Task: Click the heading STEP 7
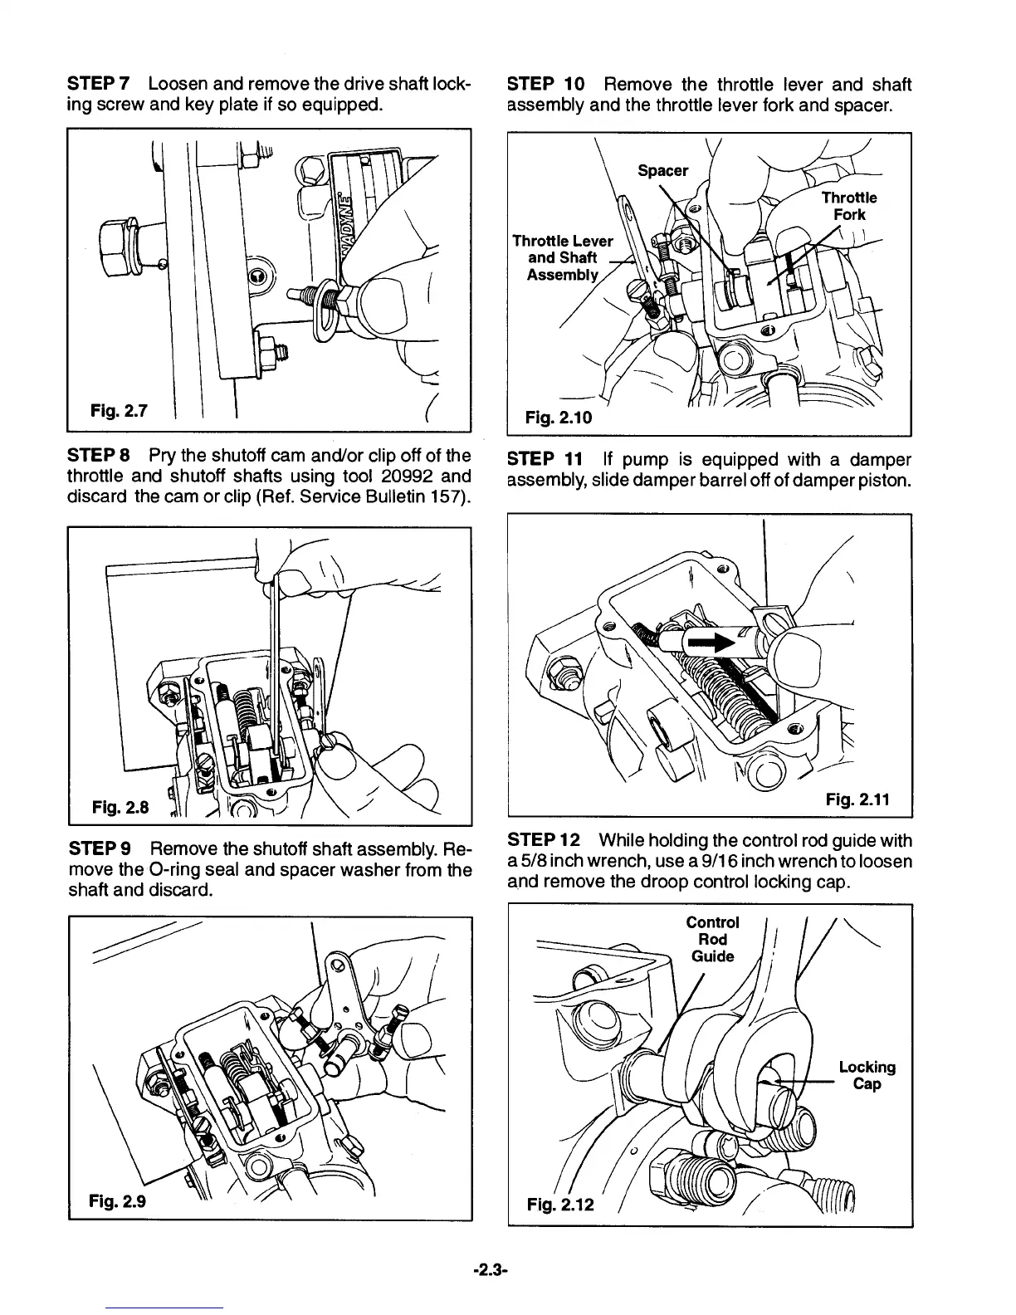point(95,85)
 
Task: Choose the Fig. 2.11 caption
point(857,799)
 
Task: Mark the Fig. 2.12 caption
point(561,1202)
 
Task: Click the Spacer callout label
point(662,171)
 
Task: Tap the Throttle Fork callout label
point(848,206)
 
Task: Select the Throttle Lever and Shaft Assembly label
point(562,257)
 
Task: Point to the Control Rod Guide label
point(712,939)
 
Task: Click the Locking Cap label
point(867,1076)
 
